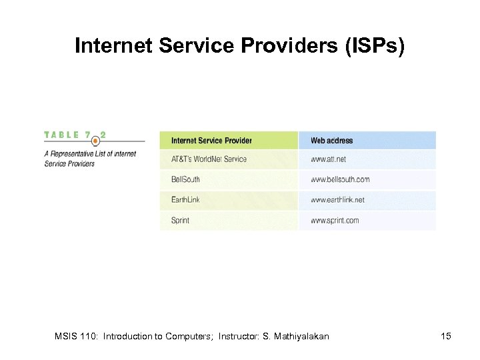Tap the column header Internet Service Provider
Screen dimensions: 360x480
click(211, 141)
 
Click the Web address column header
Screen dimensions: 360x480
click(331, 141)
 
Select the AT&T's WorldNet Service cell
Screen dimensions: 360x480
click(209, 159)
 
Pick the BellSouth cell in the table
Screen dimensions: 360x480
click(185, 179)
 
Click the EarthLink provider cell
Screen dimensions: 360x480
click(185, 199)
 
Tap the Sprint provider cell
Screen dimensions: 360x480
click(180, 220)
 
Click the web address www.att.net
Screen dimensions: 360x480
click(328, 159)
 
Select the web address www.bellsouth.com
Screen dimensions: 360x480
click(339, 179)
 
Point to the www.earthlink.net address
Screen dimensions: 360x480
click(337, 199)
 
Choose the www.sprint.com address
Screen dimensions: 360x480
click(335, 220)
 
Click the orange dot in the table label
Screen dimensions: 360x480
click(95, 140)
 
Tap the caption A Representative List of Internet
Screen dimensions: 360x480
click(90, 154)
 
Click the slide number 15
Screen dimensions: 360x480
click(446, 336)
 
